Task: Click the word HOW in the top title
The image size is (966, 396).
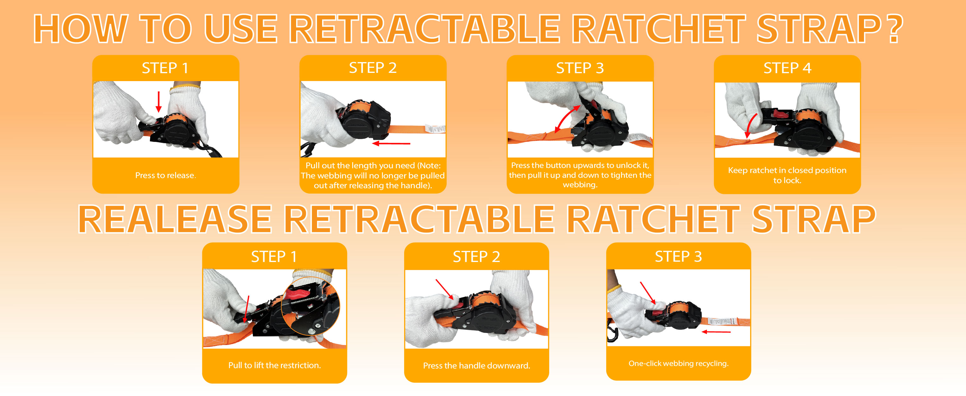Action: point(80,29)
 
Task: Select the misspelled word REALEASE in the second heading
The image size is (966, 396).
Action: point(175,219)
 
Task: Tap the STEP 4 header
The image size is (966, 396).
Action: point(787,68)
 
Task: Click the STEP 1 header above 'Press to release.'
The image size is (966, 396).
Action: point(165,68)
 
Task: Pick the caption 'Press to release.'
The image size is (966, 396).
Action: point(165,175)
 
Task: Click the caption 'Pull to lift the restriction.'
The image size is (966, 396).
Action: point(275,365)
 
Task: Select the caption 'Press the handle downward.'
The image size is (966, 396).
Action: point(477,366)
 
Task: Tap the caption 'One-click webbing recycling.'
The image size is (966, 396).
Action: point(678,363)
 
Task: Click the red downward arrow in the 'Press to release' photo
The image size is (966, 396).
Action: point(159,102)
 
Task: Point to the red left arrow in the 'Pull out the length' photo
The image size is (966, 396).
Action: point(391,143)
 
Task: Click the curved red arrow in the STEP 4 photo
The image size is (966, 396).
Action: point(750,126)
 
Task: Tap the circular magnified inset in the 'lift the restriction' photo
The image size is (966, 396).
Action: point(310,306)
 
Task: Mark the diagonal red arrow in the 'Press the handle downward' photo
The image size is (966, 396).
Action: point(445,290)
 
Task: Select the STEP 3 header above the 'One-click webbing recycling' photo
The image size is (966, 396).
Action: point(678,257)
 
